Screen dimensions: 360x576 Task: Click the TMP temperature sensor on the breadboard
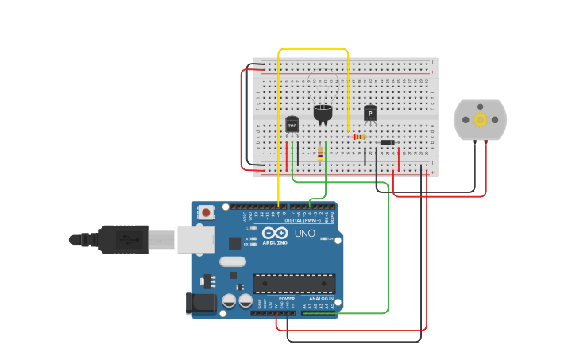(x=292, y=125)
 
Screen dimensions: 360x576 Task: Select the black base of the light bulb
(x=323, y=113)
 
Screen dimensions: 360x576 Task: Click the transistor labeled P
(x=370, y=114)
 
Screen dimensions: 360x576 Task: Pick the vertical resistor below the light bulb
(x=320, y=153)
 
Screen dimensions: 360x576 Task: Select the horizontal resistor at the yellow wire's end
(x=359, y=137)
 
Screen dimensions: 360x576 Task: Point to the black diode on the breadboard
(x=388, y=142)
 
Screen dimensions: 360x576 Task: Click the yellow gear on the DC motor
(x=480, y=119)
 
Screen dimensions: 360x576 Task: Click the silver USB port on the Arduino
(x=194, y=239)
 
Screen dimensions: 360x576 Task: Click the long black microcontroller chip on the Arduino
(x=294, y=283)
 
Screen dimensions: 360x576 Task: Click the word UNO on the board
(x=305, y=234)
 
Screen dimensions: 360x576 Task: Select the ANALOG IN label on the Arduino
(x=322, y=299)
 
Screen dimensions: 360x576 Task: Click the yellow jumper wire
(x=314, y=49)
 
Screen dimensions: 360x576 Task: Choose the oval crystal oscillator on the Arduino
(x=233, y=261)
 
